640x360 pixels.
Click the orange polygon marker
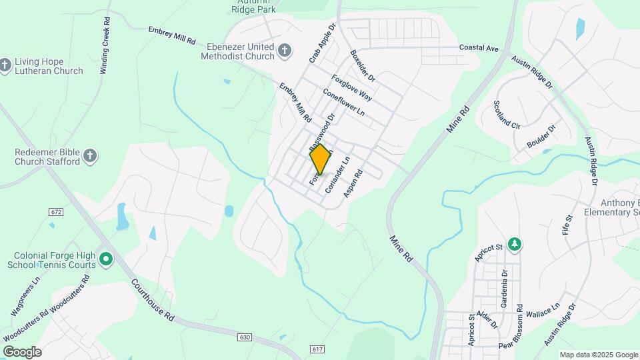click(x=321, y=159)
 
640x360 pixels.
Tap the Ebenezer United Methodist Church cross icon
click(x=284, y=51)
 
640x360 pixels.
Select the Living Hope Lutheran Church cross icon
click(x=5, y=65)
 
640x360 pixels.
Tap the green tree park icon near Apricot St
click(x=514, y=245)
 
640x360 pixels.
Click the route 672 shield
click(x=56, y=211)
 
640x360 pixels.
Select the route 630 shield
click(x=245, y=337)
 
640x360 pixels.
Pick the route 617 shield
click(x=317, y=349)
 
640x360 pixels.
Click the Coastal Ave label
click(x=479, y=48)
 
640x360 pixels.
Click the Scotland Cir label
click(x=507, y=114)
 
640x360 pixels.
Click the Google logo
click(x=22, y=352)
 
